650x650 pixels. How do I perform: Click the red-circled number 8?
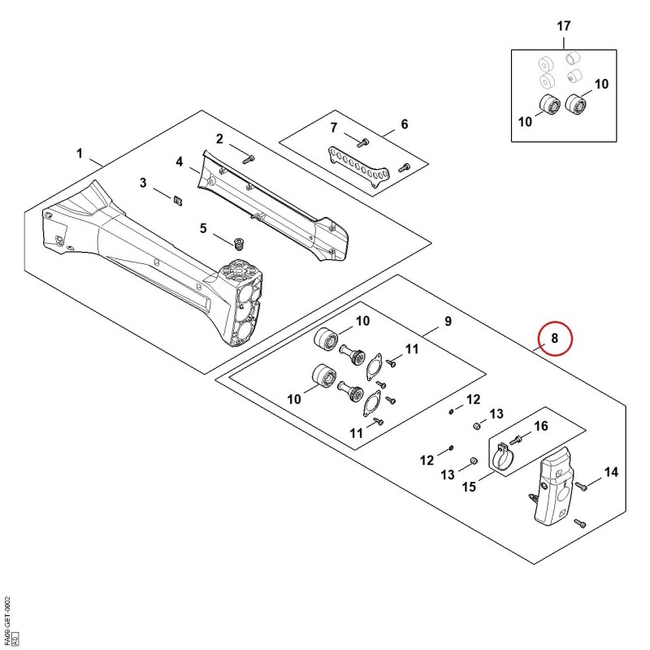555,338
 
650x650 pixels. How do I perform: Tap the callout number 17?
563,26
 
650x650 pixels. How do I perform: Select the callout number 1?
80,154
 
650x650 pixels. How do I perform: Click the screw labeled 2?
249,158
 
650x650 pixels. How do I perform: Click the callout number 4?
179,162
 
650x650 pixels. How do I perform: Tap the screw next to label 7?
362,143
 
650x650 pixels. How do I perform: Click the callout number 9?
448,321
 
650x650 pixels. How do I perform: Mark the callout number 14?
611,472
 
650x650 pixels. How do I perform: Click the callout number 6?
404,124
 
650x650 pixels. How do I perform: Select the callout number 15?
469,486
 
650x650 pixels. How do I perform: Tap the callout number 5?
203,228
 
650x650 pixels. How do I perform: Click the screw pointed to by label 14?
581,486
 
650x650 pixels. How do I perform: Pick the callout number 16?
541,426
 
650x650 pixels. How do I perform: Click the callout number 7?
334,128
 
